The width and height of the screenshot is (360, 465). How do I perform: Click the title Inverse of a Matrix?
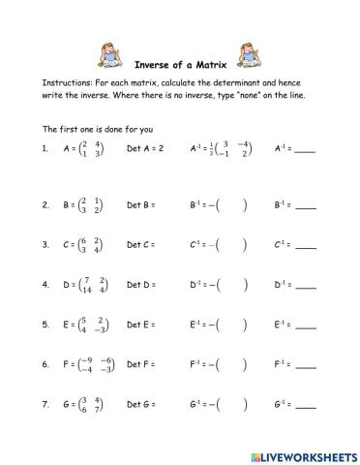click(x=179, y=54)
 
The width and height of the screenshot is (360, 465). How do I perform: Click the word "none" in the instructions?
click(x=240, y=96)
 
